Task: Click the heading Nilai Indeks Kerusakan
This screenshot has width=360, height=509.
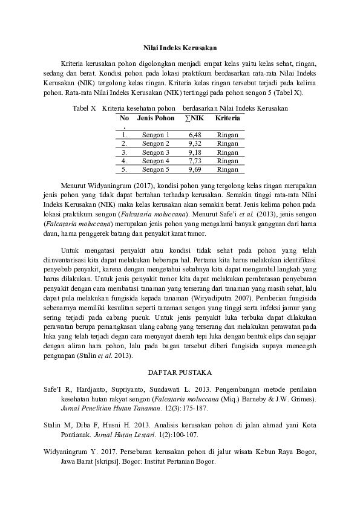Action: [x=180, y=47]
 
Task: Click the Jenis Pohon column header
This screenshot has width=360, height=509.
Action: [x=155, y=118]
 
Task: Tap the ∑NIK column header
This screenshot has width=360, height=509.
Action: [x=194, y=118]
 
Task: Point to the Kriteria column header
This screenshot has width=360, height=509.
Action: [x=227, y=118]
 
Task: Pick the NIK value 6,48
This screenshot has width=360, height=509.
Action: [x=194, y=135]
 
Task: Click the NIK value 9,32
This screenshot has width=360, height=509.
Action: [x=194, y=144]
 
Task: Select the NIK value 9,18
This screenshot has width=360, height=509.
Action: [x=194, y=153]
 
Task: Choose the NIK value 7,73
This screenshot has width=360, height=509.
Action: [x=194, y=161]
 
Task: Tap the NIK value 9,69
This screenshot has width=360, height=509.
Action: [x=194, y=170]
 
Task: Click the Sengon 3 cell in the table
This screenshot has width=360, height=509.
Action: [x=155, y=153]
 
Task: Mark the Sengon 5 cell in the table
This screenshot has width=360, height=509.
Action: [x=155, y=170]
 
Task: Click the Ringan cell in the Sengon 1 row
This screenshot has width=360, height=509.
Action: [x=227, y=135]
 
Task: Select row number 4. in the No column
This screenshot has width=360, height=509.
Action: [x=124, y=161]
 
